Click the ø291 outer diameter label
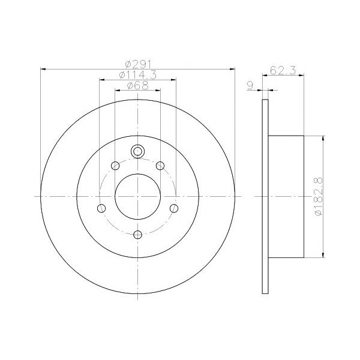(138, 64)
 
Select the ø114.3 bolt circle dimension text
(138, 75)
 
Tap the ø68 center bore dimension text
(138, 86)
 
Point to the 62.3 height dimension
(283, 70)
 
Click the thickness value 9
(250, 86)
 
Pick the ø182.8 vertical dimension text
(319, 197)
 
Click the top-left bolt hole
(115, 166)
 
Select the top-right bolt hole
(160, 166)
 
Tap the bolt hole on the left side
(101, 208)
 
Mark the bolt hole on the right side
(174, 208)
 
